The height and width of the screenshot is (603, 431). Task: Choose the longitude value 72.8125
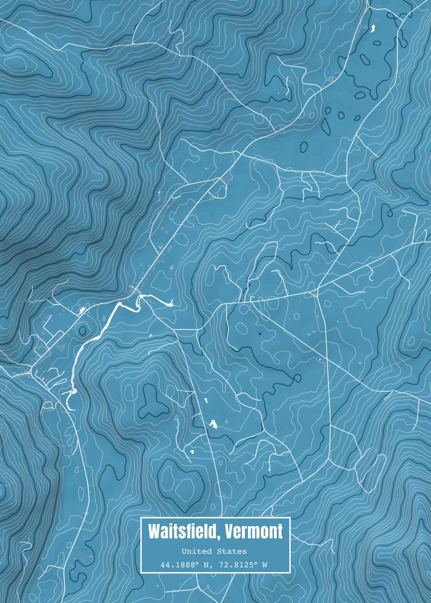click(x=236, y=565)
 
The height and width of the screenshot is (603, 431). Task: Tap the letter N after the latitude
click(x=206, y=565)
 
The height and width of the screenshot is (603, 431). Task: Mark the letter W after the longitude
click(x=265, y=565)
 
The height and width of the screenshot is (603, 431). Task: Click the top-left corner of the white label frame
click(x=141, y=518)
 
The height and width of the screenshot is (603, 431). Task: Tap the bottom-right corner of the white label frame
click(x=290, y=572)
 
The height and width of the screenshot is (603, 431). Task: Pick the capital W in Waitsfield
click(x=154, y=531)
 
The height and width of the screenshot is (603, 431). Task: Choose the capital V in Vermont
click(x=230, y=531)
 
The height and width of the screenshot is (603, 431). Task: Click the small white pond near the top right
click(x=373, y=29)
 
